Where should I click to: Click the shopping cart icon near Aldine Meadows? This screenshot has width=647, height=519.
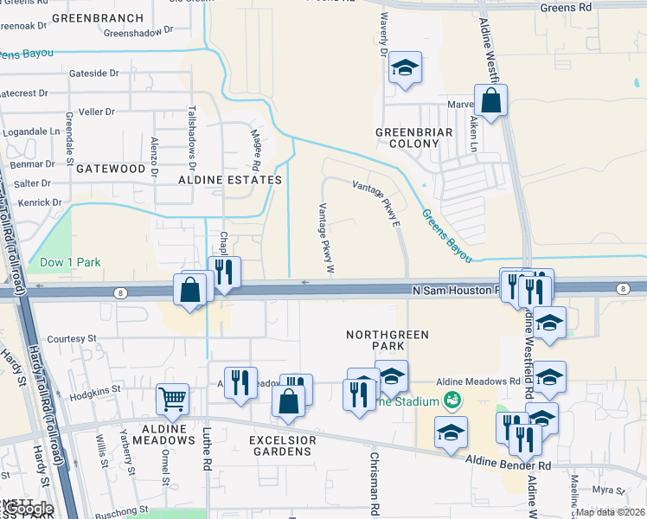pyautogui.click(x=173, y=399)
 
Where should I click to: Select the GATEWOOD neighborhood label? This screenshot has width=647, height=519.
pyautogui.click(x=110, y=169)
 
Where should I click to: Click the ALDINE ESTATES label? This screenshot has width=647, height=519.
pyautogui.click(x=229, y=180)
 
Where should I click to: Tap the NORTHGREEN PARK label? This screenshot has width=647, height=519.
pyautogui.click(x=375, y=340)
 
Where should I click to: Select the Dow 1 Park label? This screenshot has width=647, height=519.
pyautogui.click(x=70, y=262)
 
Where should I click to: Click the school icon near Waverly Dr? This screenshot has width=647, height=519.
pyautogui.click(x=404, y=69)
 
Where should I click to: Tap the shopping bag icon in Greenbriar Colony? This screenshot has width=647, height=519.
pyautogui.click(x=490, y=100)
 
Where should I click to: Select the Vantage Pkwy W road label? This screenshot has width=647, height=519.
pyautogui.click(x=326, y=238)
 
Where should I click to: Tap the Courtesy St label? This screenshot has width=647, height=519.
pyautogui.click(x=70, y=339)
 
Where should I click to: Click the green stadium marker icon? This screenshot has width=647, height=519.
pyautogui.click(x=451, y=400)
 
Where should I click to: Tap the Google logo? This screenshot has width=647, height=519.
pyautogui.click(x=28, y=509)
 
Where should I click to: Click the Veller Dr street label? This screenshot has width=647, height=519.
pyautogui.click(x=97, y=112)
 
